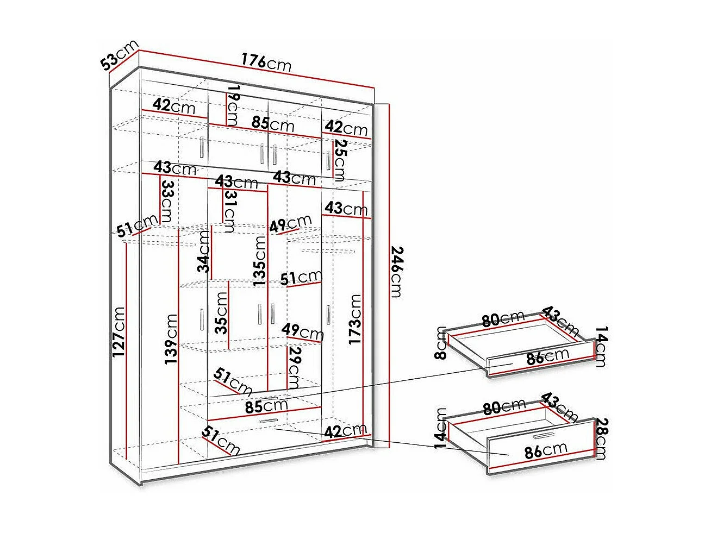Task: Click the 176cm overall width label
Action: pos(266,63)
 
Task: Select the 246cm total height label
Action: pos(396,272)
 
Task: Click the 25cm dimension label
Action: pos(340,160)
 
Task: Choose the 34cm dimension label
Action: pos(204,251)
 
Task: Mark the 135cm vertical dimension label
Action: pos(260,260)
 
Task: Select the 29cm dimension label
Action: pos(294,368)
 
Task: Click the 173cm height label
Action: pos(355,319)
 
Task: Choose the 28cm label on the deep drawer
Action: pos(600,438)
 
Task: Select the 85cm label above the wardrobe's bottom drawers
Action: pos(266,405)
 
